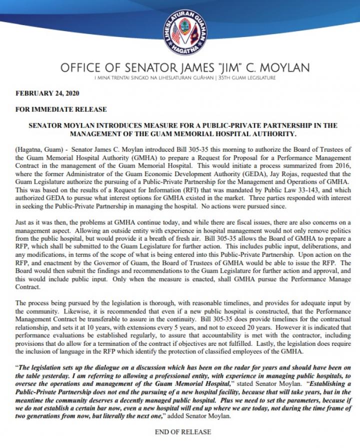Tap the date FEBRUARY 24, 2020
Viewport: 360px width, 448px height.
pos(47,93)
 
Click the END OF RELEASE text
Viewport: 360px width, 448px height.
pos(182,431)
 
